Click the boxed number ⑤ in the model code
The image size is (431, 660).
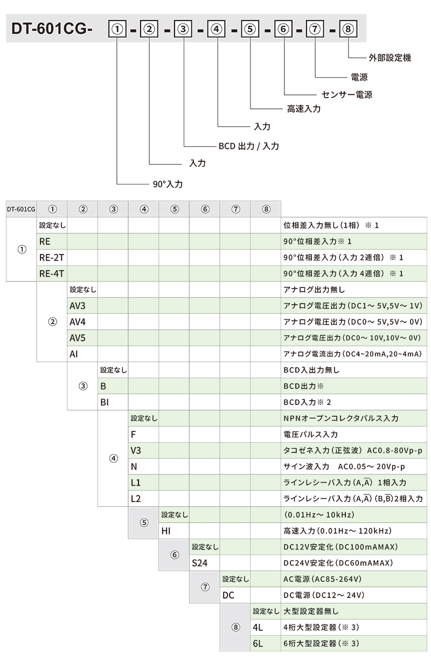coord(250,29)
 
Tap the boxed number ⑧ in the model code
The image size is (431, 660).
coord(348,29)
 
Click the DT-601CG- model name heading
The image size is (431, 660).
coord(52,29)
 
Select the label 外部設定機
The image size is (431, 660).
coord(390,58)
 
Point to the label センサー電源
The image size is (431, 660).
coord(347,94)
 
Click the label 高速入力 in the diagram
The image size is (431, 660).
coord(304,109)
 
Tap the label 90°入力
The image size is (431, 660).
coord(168,184)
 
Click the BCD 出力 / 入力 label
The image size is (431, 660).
coord(249,146)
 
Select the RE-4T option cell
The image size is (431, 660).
coord(52,274)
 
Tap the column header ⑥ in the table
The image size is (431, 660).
coord(205,209)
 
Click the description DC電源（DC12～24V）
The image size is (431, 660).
coord(324,595)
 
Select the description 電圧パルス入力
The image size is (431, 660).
coord(311,434)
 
